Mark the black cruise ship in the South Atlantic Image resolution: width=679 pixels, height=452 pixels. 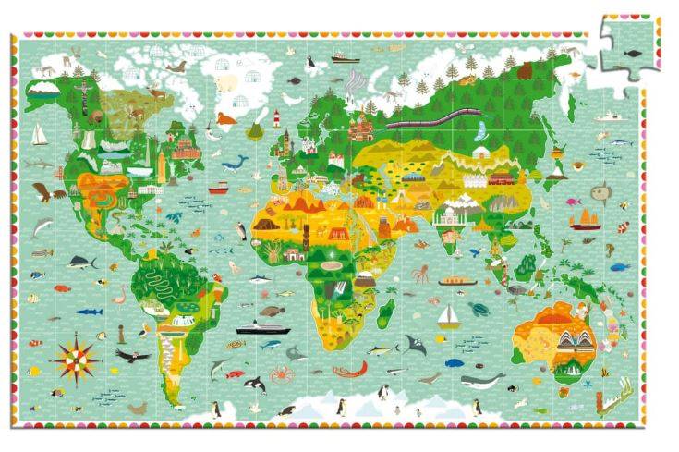tap(258, 327)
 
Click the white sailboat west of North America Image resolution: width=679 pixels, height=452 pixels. tap(39, 135)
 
